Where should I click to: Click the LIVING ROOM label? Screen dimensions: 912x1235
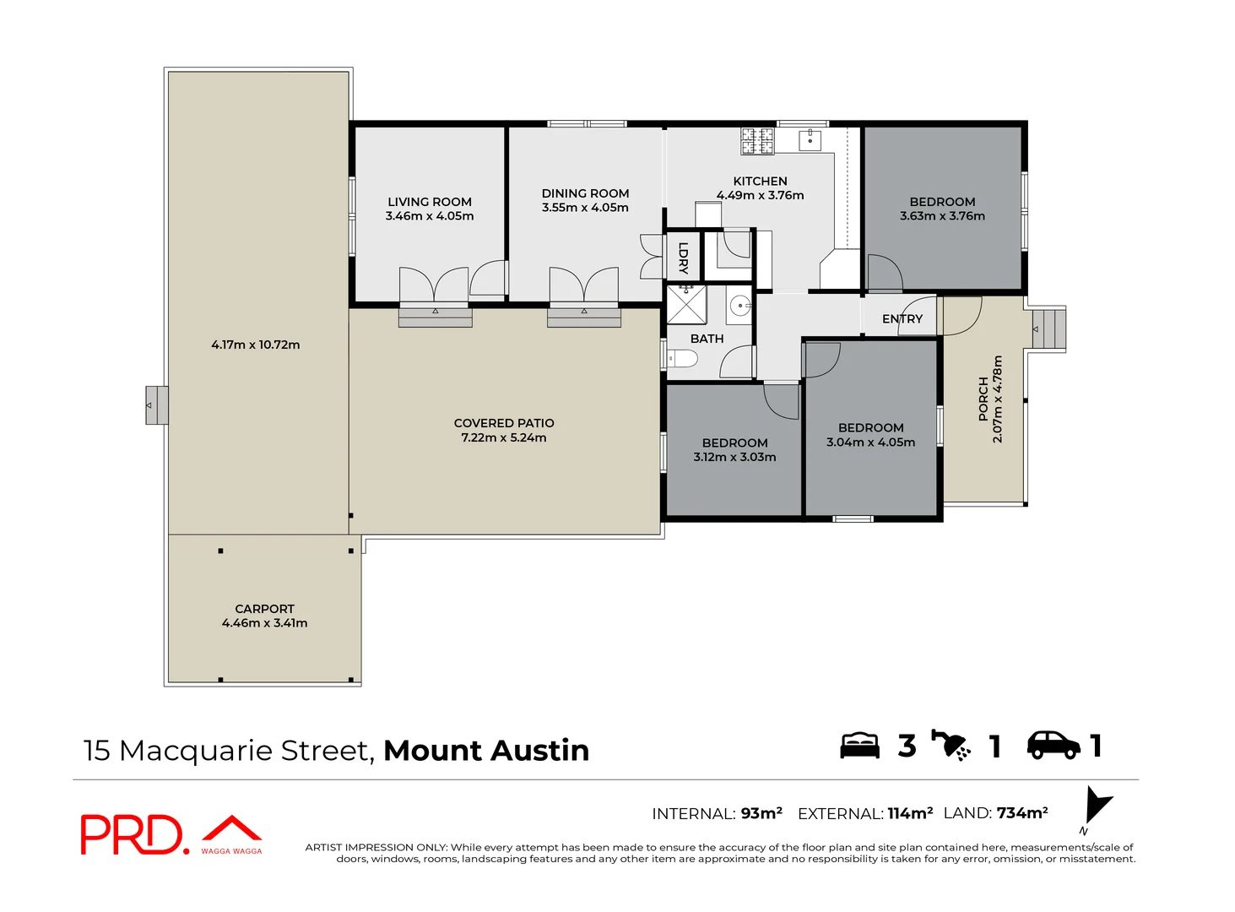(429, 202)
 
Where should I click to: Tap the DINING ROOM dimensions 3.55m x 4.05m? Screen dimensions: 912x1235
(585, 208)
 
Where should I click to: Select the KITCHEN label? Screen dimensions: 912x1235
(760, 181)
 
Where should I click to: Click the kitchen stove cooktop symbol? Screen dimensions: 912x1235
(757, 141)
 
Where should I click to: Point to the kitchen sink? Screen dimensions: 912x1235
(810, 139)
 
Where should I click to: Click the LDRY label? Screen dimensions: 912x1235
(683, 258)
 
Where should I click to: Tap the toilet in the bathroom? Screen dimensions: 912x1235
(682, 359)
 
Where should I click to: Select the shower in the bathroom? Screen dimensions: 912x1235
(686, 304)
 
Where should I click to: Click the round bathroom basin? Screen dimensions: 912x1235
(739, 305)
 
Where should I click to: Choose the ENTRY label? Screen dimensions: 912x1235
(902, 319)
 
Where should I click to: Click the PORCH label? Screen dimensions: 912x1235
(983, 399)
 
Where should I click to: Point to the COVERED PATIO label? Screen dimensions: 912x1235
(504, 423)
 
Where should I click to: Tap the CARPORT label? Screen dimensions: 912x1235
(264, 609)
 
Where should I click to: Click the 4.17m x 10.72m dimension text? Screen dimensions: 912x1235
(255, 345)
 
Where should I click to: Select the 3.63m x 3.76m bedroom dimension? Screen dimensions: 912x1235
(942, 216)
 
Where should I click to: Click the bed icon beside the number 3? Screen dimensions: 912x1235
(859, 746)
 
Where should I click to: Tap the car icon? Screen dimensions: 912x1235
(1053, 745)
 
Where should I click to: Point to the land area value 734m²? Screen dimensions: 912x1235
(1021, 813)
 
